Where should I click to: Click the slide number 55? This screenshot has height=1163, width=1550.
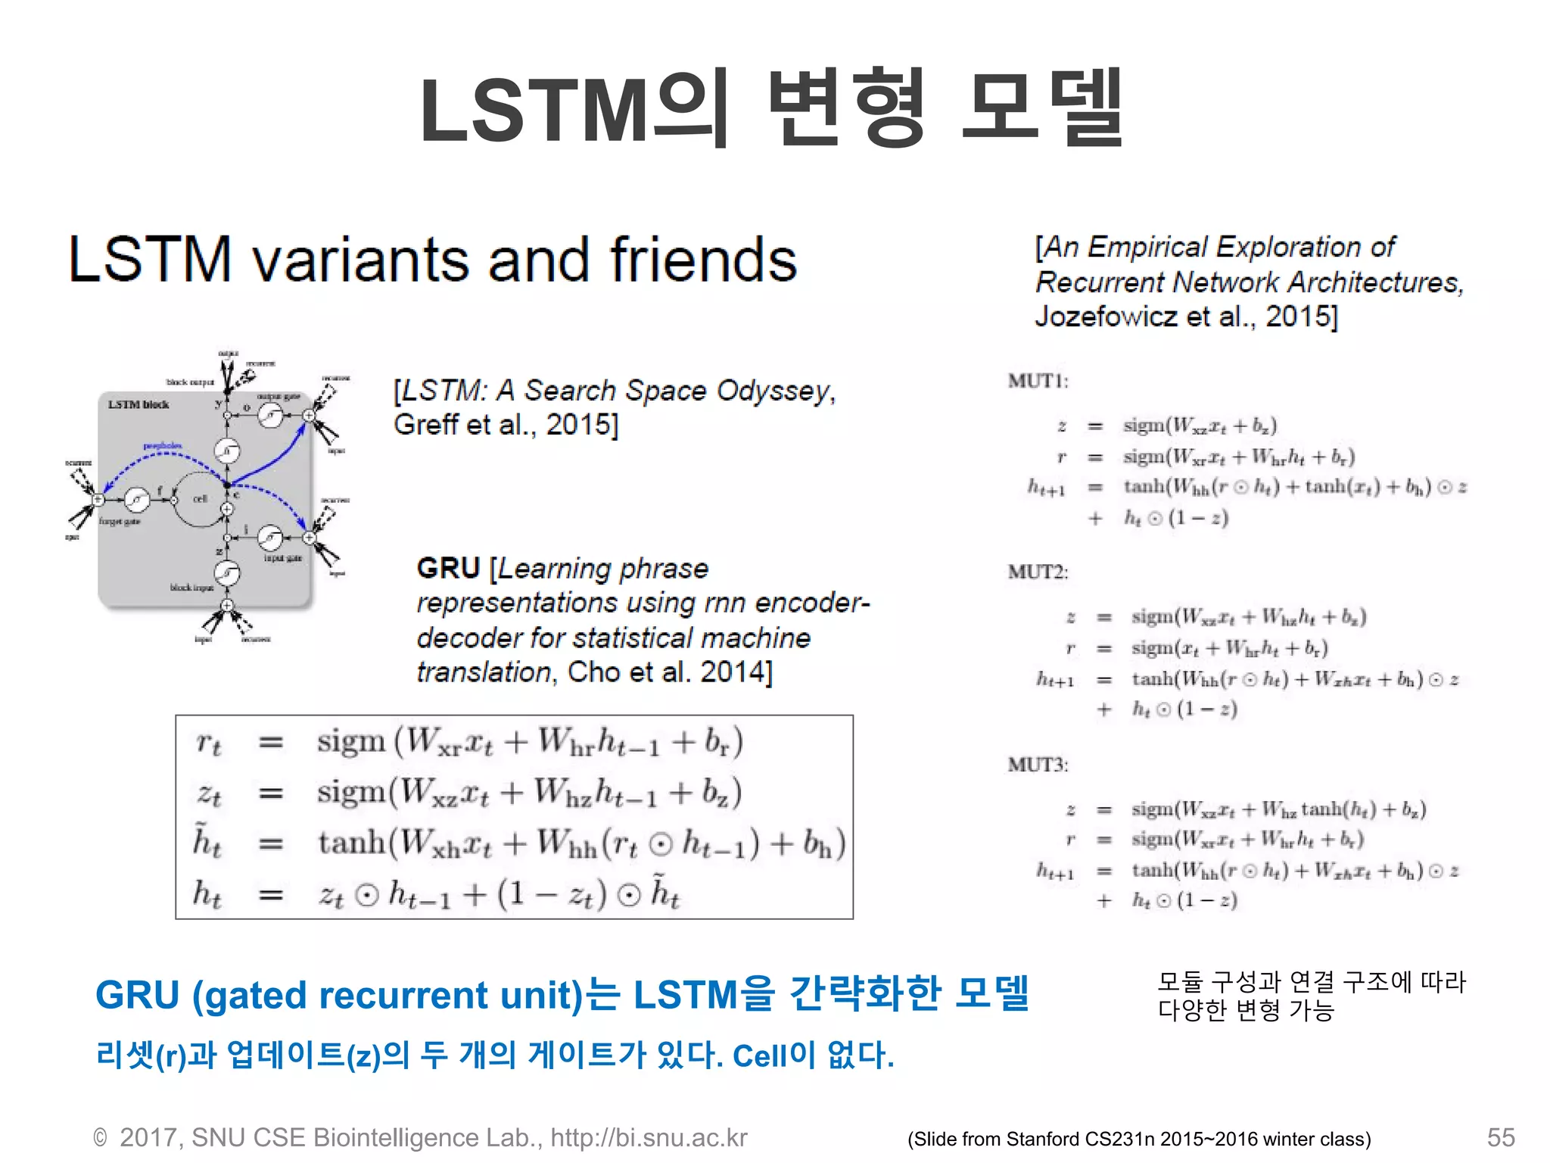(1500, 1137)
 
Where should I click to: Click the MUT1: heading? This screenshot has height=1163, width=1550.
(1038, 381)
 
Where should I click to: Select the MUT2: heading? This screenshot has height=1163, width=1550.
(1038, 572)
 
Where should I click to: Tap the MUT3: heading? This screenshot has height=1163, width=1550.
(1038, 765)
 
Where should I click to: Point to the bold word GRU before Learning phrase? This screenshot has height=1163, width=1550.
(448, 568)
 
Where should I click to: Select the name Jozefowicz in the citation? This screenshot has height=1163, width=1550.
(1106, 316)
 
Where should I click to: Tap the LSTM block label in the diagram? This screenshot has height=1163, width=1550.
(138, 405)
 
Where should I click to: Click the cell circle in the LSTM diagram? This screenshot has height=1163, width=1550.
(199, 498)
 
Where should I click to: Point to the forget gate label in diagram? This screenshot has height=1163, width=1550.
(119, 522)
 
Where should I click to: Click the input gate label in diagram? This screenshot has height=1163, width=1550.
(282, 558)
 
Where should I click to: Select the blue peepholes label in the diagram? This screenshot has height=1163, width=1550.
(162, 447)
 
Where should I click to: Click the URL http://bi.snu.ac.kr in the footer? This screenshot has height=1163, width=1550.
(649, 1137)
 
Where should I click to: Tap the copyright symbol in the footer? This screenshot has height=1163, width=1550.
(100, 1138)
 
